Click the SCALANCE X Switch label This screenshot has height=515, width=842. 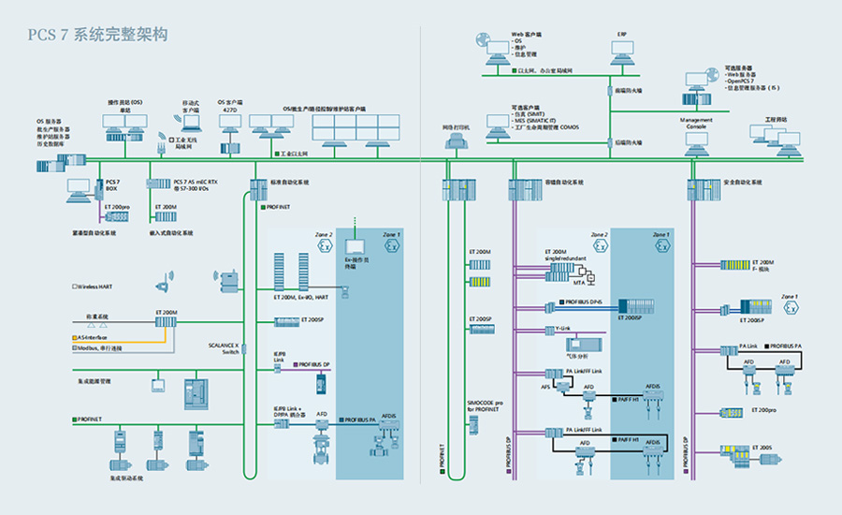pos(224,347)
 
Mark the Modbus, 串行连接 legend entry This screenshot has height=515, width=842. pos(101,347)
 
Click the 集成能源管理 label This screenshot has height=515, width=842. pos(93,381)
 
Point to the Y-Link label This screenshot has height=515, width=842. pos(564,330)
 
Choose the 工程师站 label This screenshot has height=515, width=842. pos(776,120)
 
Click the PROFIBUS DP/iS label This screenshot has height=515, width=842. pos(587,302)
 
